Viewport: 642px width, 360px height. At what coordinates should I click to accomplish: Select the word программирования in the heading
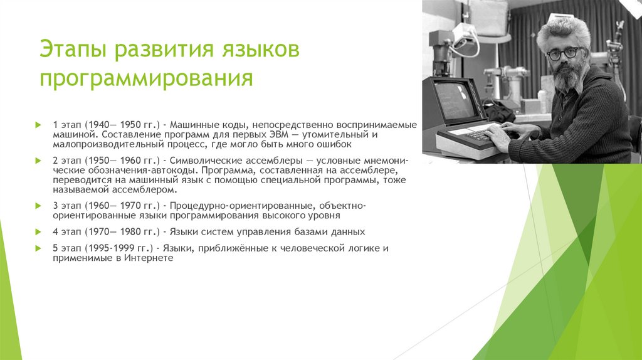(x=146, y=78)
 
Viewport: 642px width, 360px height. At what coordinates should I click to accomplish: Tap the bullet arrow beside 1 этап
(x=38, y=125)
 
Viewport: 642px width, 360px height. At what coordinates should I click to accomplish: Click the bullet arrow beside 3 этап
(x=38, y=206)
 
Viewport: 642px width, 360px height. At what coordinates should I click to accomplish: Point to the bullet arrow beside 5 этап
(x=38, y=248)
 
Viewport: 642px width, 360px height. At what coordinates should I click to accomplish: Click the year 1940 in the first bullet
(x=98, y=125)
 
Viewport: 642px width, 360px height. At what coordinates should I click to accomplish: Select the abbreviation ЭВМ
(x=279, y=134)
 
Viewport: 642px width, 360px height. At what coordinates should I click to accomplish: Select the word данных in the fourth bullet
(x=348, y=232)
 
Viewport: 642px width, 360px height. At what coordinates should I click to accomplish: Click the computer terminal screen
(x=454, y=100)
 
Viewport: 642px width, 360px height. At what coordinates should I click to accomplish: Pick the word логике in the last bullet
(x=364, y=248)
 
